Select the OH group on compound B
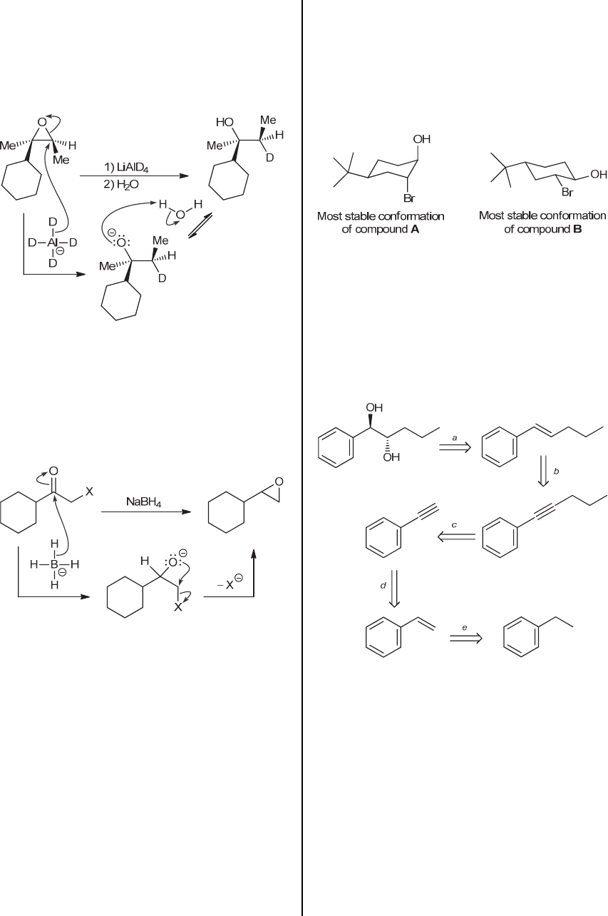(x=598, y=173)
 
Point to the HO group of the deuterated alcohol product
(x=225, y=123)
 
